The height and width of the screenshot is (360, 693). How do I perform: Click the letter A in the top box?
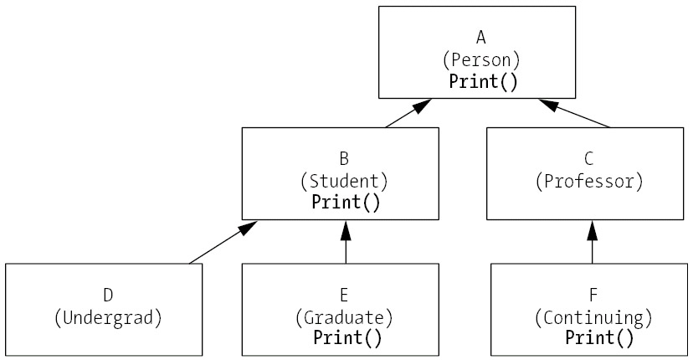[x=481, y=37]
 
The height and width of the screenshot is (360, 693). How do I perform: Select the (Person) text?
[x=481, y=59]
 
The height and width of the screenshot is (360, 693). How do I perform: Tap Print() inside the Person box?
[x=483, y=81]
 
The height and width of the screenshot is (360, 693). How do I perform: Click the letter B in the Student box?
[x=344, y=157]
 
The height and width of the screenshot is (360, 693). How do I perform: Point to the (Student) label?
[x=344, y=180]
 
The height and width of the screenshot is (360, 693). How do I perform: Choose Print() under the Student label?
[x=346, y=202]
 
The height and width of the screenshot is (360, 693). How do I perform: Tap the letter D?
[x=108, y=295]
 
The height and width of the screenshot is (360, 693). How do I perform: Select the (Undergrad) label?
[x=108, y=317]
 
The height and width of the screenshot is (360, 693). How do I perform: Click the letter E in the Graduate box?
[x=344, y=295]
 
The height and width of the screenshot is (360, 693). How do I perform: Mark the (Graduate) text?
[x=344, y=317]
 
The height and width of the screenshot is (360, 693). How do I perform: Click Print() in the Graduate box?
[x=346, y=338]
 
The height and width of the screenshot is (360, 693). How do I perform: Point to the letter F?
[x=593, y=295]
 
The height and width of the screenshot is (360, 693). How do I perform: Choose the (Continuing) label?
[x=593, y=317]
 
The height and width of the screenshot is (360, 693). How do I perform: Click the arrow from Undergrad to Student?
[x=223, y=243]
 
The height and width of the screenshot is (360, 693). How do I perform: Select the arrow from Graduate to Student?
[x=345, y=242]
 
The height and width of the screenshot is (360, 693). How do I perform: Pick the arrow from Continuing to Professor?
[x=593, y=242]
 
